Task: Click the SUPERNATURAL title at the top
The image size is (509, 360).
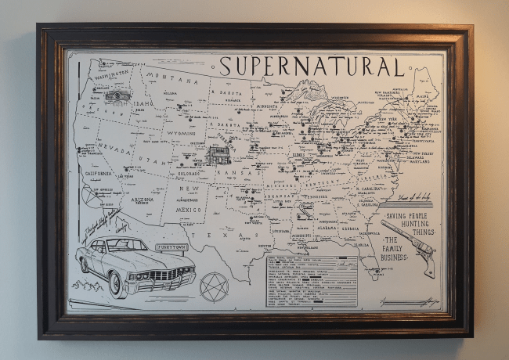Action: click(x=311, y=67)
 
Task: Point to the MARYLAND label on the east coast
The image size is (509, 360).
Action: click(x=421, y=163)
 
